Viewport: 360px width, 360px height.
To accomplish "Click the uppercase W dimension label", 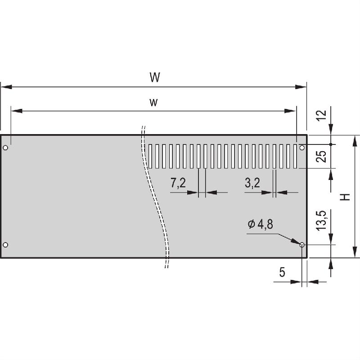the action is [x=155, y=77].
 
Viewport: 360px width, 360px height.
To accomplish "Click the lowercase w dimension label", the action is [x=153, y=103].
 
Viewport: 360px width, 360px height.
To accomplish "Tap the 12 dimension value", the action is [x=322, y=115].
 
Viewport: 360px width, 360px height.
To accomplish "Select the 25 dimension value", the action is [x=322, y=157].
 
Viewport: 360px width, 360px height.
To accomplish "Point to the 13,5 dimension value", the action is [x=322, y=220].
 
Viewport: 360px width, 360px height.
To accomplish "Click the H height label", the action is [x=345, y=197].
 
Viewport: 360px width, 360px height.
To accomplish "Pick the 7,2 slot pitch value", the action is [x=178, y=183].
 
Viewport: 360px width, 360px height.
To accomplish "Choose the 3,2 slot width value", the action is [x=252, y=183].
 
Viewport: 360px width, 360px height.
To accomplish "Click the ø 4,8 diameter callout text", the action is [x=261, y=224].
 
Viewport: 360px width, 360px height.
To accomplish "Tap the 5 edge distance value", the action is [x=282, y=272].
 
